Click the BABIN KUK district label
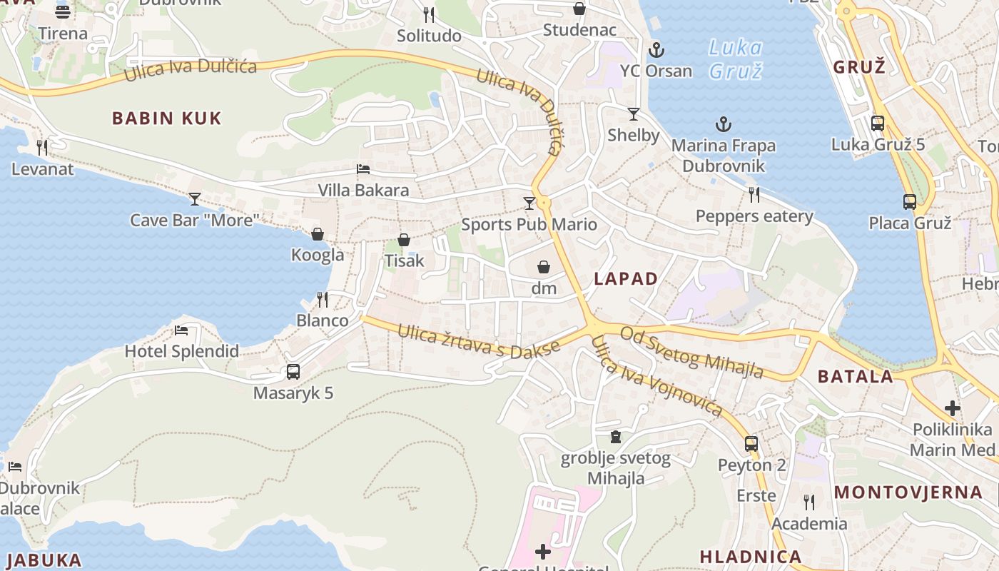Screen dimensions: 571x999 167,118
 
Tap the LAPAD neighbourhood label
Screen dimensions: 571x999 626,278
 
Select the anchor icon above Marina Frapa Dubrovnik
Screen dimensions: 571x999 724,125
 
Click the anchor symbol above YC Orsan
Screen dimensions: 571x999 656,50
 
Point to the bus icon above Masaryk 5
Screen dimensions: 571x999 293,371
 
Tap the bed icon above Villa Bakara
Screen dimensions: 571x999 363,170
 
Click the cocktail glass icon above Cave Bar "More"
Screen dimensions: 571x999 194,198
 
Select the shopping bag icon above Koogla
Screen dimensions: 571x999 318,234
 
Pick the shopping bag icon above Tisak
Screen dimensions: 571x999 404,240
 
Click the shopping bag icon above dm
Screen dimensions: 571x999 544,267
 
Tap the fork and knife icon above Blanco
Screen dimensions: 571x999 323,299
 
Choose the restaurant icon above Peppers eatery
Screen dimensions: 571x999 754,194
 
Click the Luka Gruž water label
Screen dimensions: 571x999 736,59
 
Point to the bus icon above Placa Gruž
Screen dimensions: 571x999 909,202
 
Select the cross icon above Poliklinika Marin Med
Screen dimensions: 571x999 953,408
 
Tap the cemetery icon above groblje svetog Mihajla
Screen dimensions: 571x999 615,436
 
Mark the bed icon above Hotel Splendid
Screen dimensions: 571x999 181,330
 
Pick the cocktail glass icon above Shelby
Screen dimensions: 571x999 633,113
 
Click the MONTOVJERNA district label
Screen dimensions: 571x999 908,492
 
